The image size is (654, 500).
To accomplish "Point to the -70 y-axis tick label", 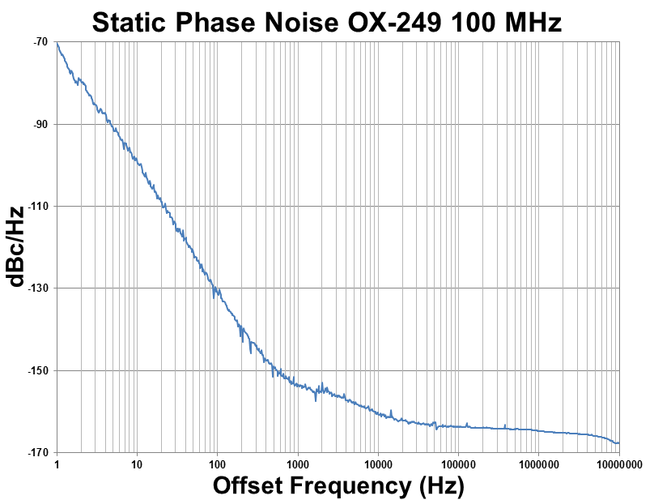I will (40, 42).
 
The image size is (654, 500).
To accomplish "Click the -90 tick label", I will (40, 124).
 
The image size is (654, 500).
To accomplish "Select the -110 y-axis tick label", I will (37, 207).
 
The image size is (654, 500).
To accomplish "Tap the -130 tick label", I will (37, 288).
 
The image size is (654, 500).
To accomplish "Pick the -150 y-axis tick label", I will (37, 370).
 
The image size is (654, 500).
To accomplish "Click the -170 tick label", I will (37, 453).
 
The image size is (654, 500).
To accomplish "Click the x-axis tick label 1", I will (57, 465).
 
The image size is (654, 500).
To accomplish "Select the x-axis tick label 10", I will (137, 465).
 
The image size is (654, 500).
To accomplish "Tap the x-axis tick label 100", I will (217, 465).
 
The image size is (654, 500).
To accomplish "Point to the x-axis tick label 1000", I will (297, 465).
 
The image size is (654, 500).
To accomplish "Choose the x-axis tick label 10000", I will (377, 465).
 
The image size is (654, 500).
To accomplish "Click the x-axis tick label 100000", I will (457, 465).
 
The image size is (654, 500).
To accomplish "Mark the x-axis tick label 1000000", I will (537, 465).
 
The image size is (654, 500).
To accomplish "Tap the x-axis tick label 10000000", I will (617, 465).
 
